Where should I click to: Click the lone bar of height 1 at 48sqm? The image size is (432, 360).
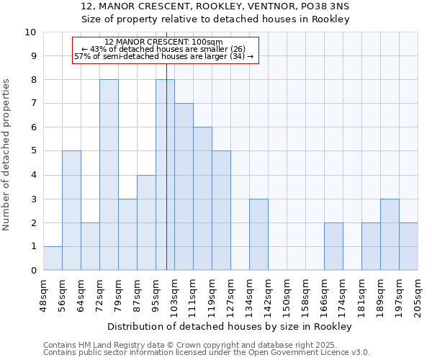click(53, 258)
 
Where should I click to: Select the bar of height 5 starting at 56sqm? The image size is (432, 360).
click(71, 210)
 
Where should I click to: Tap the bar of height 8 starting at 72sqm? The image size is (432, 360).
click(109, 175)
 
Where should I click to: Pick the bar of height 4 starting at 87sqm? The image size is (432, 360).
click(146, 222)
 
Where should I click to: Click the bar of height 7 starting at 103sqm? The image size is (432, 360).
click(184, 186)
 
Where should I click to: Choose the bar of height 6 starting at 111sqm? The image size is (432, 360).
click(202, 199)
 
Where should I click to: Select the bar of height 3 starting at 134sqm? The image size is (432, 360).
click(258, 235)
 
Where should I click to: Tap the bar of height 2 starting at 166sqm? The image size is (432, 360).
click(333, 246)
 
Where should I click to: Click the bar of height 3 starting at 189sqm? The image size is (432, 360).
click(390, 235)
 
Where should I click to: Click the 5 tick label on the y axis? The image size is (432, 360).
click(32, 151)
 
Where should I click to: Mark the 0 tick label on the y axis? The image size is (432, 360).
click(32, 271)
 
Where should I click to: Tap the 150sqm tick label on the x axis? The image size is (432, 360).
click(287, 294)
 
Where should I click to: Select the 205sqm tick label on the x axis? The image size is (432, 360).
click(418, 294)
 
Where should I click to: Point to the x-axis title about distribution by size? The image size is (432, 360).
click(230, 326)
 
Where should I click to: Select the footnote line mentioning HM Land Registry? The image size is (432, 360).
click(196, 345)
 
